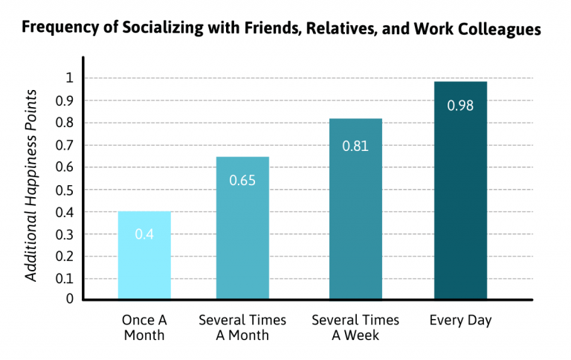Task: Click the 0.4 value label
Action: coord(144,234)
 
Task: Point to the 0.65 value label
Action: coord(242,179)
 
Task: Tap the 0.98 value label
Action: coord(460,105)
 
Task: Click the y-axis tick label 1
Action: coord(69,78)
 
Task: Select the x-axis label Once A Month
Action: coord(144,327)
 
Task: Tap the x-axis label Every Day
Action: coord(460,321)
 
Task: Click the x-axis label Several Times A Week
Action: coord(355,327)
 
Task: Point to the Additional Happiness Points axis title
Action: coord(31,185)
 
